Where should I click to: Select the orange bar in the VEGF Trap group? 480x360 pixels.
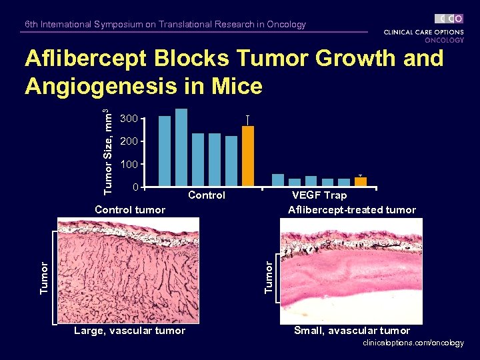coord(361,181)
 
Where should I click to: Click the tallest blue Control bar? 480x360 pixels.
coord(181,147)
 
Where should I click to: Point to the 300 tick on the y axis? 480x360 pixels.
coord(129,119)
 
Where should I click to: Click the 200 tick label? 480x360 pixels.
coord(129,142)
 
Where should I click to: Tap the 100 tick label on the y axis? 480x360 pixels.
coord(129,164)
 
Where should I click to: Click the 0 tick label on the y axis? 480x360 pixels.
coord(135,187)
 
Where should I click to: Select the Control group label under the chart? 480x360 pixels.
coord(207,195)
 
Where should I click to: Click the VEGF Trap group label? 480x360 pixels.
coord(319,195)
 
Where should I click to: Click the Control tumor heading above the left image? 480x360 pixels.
coord(130,210)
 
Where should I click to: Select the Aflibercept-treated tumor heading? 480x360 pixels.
coord(352,210)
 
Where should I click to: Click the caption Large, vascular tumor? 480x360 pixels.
coord(129,331)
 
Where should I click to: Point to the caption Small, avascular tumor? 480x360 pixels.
coord(352,331)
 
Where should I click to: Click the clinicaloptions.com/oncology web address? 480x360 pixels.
coord(413,343)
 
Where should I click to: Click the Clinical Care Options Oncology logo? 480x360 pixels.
coord(424,29)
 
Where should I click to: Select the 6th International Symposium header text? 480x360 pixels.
coord(165,25)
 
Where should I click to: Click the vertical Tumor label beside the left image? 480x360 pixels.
coord(45,277)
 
